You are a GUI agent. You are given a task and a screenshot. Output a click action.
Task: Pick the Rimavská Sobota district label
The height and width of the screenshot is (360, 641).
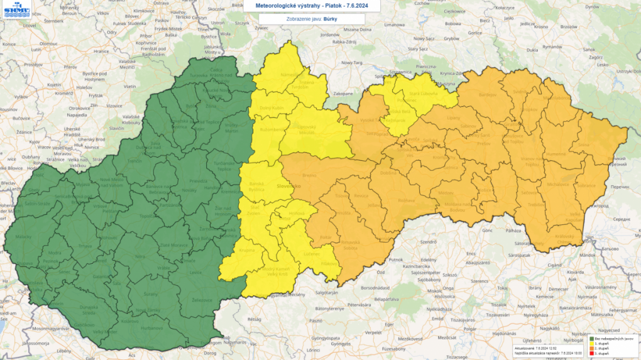tap(351, 245)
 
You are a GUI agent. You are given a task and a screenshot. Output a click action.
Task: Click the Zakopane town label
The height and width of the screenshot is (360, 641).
tap(343, 93)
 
